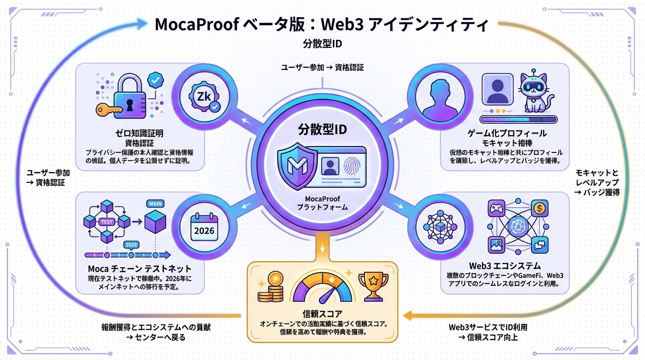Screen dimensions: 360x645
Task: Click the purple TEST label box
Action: coord(107,222)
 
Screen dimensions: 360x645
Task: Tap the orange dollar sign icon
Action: coord(539,207)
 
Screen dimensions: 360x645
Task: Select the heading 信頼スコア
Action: coord(322,314)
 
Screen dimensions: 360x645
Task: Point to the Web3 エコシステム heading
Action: coord(504,266)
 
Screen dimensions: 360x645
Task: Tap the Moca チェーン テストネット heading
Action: coord(140,269)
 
